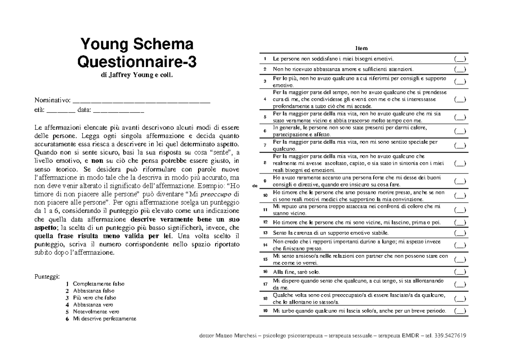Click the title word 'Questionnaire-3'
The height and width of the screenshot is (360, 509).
(x=137, y=62)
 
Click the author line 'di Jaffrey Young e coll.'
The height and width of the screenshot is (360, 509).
(x=137, y=75)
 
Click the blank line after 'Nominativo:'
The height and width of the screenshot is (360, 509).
(x=142, y=101)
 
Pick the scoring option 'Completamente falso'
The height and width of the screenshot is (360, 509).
(x=99, y=283)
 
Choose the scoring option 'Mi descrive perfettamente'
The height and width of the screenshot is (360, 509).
(x=105, y=319)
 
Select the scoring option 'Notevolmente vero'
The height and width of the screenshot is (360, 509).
(x=96, y=312)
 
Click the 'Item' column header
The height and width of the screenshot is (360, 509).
(x=363, y=49)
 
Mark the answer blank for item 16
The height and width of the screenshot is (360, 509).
(x=460, y=272)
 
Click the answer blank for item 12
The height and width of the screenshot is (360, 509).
(x=460, y=223)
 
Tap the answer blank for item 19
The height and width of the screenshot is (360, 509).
(x=460, y=311)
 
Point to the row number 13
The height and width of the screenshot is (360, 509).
(x=265, y=233)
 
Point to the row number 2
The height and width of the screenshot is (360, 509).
(x=265, y=69)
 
